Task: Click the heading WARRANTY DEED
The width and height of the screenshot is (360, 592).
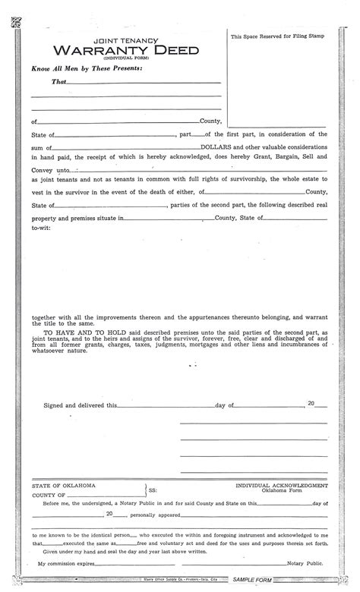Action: coord(114,50)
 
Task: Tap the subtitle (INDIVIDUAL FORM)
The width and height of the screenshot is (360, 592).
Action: coord(114,59)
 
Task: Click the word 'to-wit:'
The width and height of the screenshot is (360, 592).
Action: coord(41,227)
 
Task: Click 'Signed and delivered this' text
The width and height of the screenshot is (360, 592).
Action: coord(74,406)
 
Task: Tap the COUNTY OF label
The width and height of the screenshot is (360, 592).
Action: coord(49,495)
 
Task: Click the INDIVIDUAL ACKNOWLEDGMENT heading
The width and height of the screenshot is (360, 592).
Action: coord(282,484)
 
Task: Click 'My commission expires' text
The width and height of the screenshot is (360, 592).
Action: coord(68,563)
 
